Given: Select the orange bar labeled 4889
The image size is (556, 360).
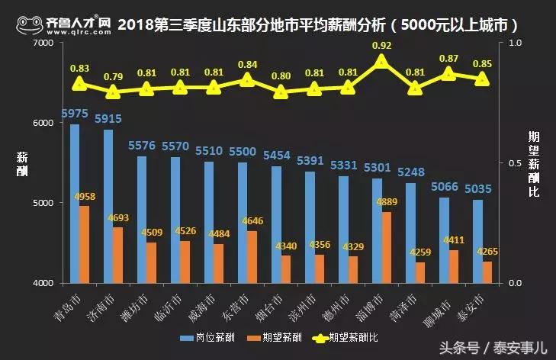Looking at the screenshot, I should [x=387, y=247].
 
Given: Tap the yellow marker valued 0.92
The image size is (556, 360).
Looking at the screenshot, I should [x=382, y=61].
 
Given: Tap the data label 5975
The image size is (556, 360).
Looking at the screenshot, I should [x=75, y=113].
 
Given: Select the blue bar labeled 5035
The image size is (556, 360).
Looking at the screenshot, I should [x=477, y=241].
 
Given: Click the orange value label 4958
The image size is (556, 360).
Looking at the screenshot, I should [x=85, y=197].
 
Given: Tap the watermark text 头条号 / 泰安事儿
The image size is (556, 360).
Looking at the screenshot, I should [x=503, y=347].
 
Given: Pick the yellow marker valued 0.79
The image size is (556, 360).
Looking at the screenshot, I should [x=113, y=92].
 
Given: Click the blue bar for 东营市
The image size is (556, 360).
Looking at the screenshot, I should [x=243, y=222].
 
